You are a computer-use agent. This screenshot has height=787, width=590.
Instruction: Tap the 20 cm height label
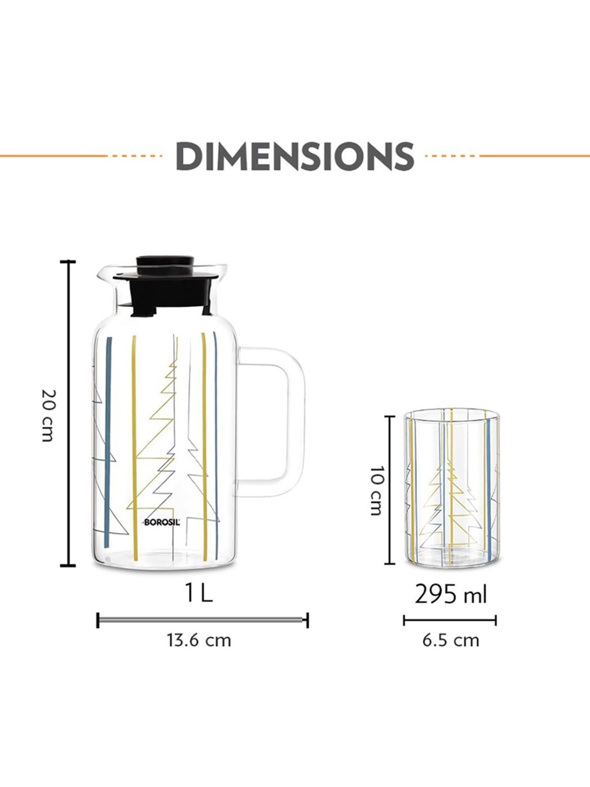click(x=48, y=415)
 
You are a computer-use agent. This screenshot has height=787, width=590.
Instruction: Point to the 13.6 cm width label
click(x=199, y=640)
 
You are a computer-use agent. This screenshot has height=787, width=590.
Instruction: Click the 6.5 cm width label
click(x=451, y=640)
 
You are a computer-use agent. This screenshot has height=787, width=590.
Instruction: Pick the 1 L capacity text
click(x=199, y=594)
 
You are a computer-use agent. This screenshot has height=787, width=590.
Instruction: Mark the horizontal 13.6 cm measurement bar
click(x=202, y=620)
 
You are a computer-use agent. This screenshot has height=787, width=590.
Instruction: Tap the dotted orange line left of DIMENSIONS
click(x=136, y=156)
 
